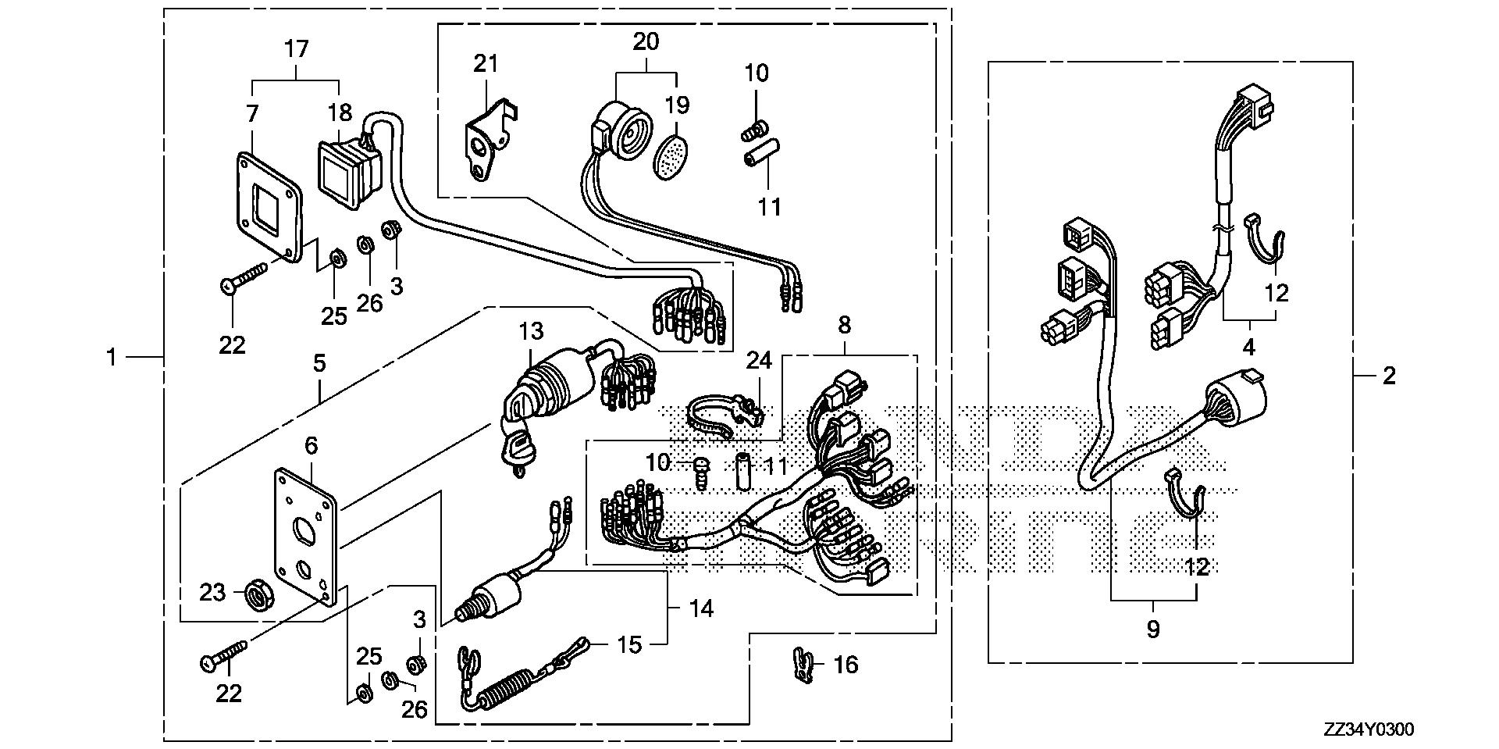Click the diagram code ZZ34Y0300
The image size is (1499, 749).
point(1368,729)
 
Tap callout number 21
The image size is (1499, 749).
point(486,63)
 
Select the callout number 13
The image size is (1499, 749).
point(531,330)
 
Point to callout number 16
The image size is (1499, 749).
point(846,665)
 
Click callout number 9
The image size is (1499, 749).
point(1153,629)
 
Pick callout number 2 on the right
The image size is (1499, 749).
point(1388,376)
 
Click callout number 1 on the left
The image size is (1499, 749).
point(112,358)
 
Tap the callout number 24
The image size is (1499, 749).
point(758,360)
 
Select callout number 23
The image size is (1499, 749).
point(212,593)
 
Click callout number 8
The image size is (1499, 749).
point(845,325)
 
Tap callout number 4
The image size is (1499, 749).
point(1249,347)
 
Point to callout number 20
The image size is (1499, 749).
point(646,41)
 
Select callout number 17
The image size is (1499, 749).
point(297,49)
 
